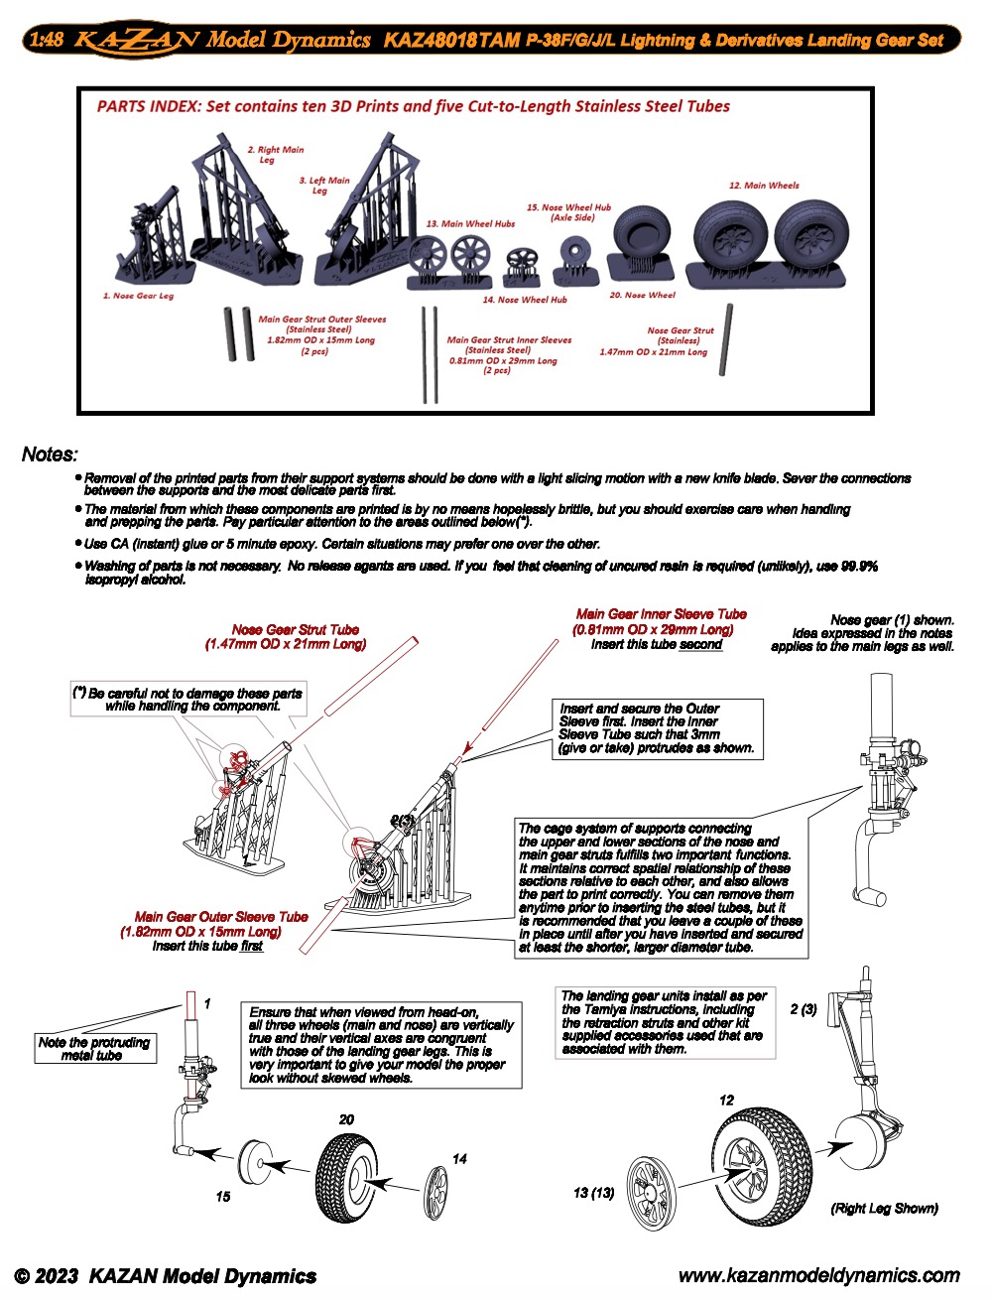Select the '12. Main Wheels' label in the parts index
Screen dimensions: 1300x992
[764, 186]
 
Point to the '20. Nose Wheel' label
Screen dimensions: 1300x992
[642, 295]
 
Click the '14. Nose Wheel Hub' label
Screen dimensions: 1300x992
[525, 299]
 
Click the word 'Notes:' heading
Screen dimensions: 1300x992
[50, 455]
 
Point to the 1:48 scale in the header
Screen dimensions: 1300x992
[47, 42]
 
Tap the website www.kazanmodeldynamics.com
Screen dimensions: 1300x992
[818, 1276]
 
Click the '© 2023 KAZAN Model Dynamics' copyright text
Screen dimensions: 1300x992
[166, 1277]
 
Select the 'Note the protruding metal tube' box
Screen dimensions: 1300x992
[94, 1049]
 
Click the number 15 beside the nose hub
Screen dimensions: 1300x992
[223, 1197]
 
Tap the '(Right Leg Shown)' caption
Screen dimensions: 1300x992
[884, 1208]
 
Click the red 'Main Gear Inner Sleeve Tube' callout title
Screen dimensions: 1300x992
[661, 614]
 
